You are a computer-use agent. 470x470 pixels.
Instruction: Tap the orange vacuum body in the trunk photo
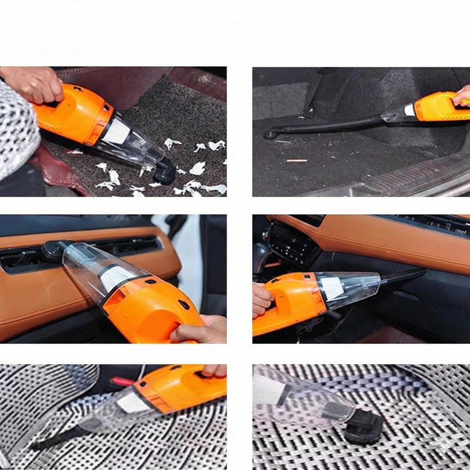pyautogui.click(x=436, y=107)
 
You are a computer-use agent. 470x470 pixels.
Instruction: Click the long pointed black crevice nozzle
pyautogui.click(x=403, y=276)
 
